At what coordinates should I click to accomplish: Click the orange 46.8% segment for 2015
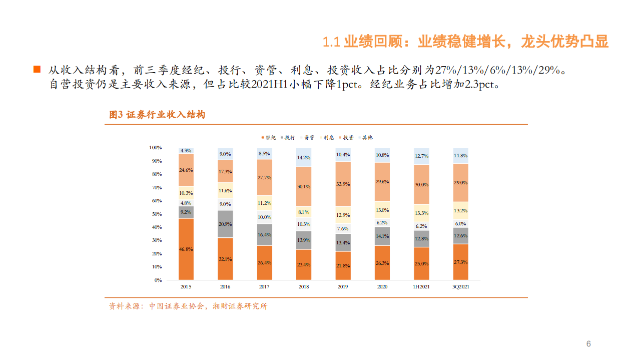(186, 249)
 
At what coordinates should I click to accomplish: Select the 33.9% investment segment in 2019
(343, 184)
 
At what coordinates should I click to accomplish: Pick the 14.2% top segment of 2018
(304, 157)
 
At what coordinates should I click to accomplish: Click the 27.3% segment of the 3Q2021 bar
(460, 262)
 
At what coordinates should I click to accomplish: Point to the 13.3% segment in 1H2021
(421, 213)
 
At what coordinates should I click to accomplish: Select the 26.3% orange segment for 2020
(382, 262)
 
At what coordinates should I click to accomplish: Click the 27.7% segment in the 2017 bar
(264, 177)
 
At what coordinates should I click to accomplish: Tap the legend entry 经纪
(268, 137)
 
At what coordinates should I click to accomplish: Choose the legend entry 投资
(345, 137)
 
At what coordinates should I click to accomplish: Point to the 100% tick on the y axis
(155, 148)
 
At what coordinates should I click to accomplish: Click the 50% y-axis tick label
(156, 214)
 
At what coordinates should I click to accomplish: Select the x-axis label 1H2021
(421, 287)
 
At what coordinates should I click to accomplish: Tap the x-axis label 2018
(304, 287)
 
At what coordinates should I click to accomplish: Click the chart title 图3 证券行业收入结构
(157, 115)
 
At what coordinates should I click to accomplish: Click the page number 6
(588, 343)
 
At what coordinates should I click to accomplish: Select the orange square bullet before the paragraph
(37, 69)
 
